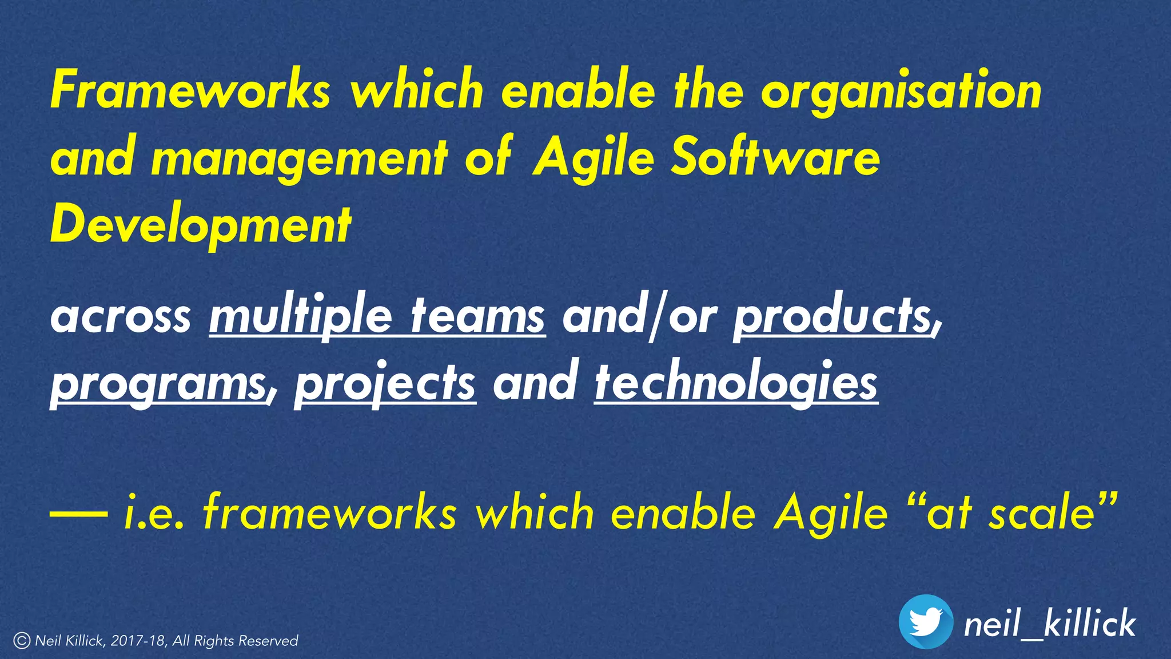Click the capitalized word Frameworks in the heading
[190, 90]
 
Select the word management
[299, 158]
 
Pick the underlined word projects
[385, 384]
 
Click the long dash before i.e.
[78, 513]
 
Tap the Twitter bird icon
[926, 622]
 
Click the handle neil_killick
[1050, 624]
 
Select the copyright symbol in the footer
[22, 641]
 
